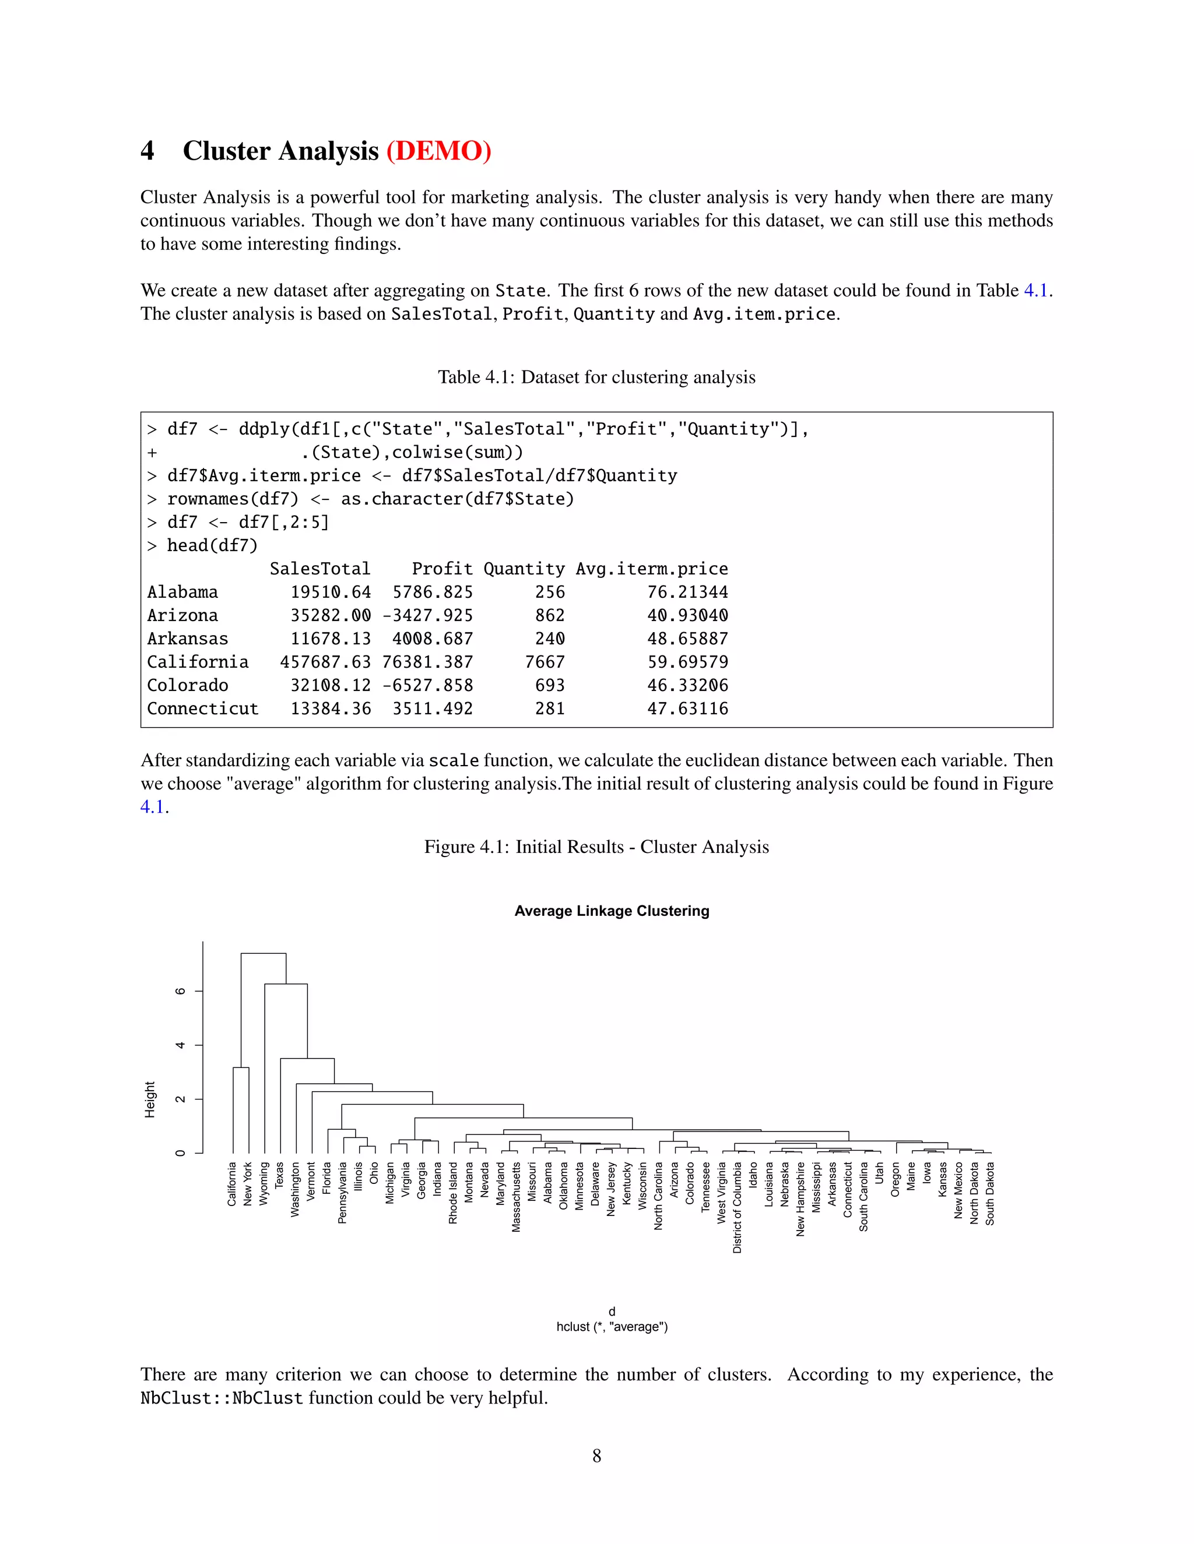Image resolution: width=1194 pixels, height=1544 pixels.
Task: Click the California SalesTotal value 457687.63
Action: tap(325, 662)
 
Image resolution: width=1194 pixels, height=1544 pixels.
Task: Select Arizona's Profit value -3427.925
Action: tap(427, 615)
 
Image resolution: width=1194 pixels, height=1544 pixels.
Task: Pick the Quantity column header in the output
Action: tap(524, 569)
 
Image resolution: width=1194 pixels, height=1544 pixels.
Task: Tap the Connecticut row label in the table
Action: tap(202, 708)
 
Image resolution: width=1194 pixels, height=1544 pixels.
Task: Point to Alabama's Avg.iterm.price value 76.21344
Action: tap(687, 592)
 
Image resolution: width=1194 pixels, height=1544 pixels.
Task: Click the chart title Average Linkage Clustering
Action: tap(611, 911)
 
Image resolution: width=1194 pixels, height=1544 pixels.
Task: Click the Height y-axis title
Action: tap(149, 1099)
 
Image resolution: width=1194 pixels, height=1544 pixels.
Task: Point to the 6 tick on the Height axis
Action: tap(180, 991)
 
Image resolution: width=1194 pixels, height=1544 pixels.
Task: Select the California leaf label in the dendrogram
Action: tap(232, 1184)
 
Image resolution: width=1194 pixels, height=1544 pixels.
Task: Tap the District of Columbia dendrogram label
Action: tap(737, 1207)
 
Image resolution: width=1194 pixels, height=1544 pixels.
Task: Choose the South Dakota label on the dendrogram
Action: tap(989, 1193)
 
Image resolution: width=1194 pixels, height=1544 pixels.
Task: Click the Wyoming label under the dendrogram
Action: tap(264, 1183)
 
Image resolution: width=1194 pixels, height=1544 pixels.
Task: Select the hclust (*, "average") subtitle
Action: tap(611, 1326)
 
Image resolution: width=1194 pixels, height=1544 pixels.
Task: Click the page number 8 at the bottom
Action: tap(596, 1455)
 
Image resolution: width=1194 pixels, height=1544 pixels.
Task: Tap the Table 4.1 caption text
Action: tap(596, 377)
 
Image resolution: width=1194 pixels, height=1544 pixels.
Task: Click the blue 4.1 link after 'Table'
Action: tap(1035, 291)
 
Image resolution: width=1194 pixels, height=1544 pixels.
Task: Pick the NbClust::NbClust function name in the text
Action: tap(222, 1398)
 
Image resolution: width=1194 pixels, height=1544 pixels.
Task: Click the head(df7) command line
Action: tap(212, 545)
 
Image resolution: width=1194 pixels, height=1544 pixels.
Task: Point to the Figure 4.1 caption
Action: tap(596, 847)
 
